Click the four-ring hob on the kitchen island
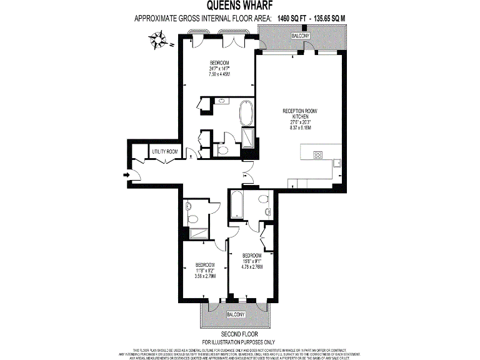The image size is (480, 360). coord(317,155)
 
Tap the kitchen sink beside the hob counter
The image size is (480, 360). coord(337,164)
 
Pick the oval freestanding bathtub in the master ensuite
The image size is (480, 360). coord(246,114)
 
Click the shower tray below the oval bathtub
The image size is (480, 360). coord(247,139)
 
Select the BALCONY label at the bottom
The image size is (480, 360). coord(235,313)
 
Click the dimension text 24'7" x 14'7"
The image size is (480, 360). coord(219,69)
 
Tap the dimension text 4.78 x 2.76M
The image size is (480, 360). coord(252,267)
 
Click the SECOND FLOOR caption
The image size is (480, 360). coord(239,334)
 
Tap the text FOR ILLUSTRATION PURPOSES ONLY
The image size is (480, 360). coord(239,342)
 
